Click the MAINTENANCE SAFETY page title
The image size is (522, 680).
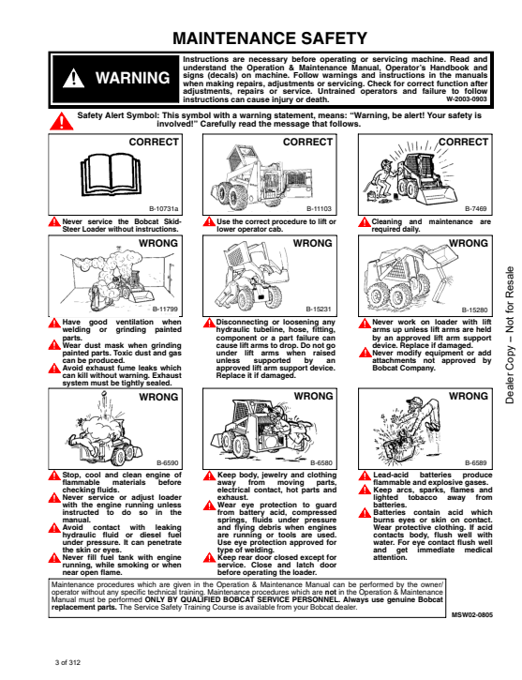tap(270, 38)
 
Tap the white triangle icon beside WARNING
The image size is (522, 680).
tap(74, 78)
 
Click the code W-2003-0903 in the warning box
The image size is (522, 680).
tap(467, 98)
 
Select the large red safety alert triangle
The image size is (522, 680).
tap(62, 121)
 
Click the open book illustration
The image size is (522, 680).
tap(111, 174)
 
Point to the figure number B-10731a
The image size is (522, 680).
tap(163, 208)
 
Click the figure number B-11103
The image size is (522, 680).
tap(319, 208)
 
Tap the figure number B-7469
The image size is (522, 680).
tap(476, 208)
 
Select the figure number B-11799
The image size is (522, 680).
tap(165, 310)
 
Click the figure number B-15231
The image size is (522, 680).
tap(319, 310)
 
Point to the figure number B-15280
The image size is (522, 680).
tap(474, 310)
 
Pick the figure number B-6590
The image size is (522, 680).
tap(167, 462)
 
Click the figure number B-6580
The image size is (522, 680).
tap(321, 462)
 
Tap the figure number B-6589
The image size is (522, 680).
tap(476, 462)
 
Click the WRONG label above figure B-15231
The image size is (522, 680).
tap(312, 243)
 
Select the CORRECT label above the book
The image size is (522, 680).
tap(154, 143)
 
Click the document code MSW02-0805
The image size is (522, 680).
tap(471, 615)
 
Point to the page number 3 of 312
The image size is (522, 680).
tap(67, 663)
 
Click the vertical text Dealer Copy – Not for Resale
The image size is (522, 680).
tap(510, 335)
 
